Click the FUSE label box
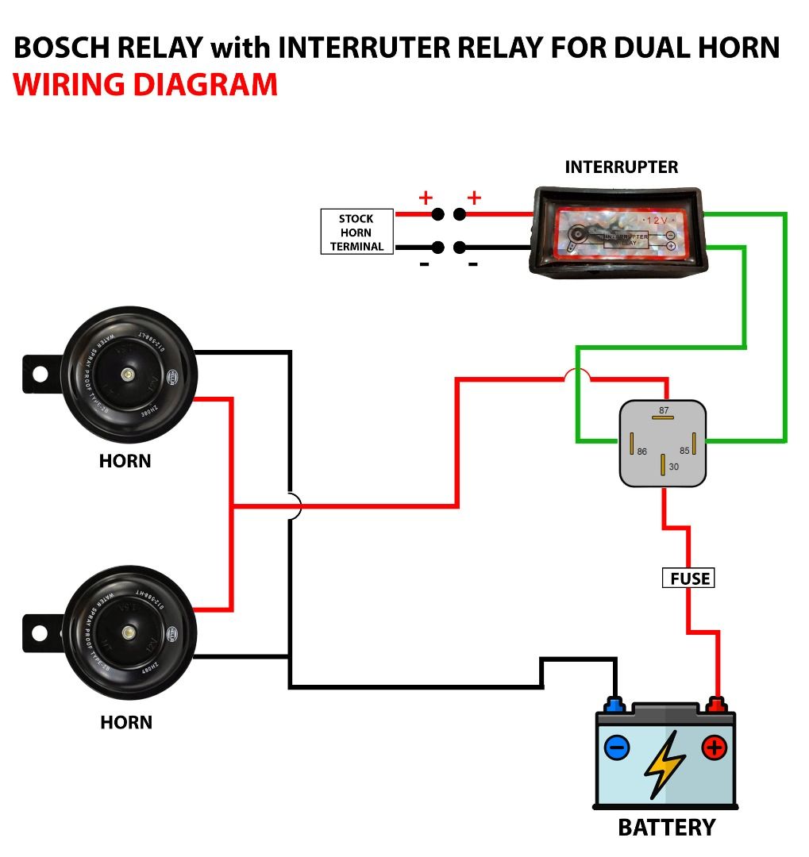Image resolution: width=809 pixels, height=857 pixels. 688,578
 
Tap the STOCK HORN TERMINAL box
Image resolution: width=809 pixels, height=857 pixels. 356,232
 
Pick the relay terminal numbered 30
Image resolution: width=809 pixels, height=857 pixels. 663,465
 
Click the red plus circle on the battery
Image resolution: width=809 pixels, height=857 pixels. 714,747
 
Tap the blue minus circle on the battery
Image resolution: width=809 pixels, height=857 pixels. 617,747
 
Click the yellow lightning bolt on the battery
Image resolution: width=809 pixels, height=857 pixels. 665,763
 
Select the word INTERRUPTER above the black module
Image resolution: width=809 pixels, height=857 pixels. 621,167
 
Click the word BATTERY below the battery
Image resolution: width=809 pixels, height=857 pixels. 666,828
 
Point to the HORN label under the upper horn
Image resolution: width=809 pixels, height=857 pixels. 125,460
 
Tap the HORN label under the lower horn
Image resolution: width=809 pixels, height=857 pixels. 126,722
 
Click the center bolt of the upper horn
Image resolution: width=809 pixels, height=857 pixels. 126,373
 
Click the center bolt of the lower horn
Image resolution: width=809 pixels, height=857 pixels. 127,632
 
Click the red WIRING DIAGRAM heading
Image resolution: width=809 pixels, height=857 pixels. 145,84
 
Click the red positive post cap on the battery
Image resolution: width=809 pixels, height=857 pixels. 716,704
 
